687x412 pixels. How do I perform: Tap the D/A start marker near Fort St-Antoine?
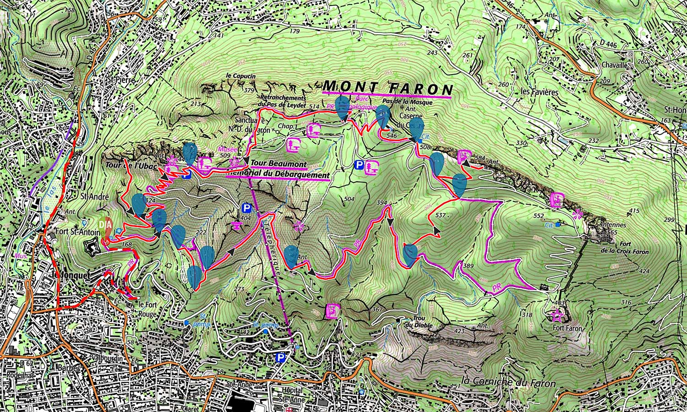point(105,225)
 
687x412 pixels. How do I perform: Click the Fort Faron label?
point(568,328)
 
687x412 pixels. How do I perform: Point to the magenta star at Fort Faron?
point(557,315)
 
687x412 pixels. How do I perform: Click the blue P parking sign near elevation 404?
point(247,209)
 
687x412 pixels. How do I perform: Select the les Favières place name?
point(540,92)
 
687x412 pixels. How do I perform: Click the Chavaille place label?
point(614,65)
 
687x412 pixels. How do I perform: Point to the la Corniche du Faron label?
point(508,382)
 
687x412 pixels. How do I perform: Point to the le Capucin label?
point(240,76)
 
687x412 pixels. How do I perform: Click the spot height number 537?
point(440,215)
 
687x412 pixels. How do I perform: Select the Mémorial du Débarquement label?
point(278,175)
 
